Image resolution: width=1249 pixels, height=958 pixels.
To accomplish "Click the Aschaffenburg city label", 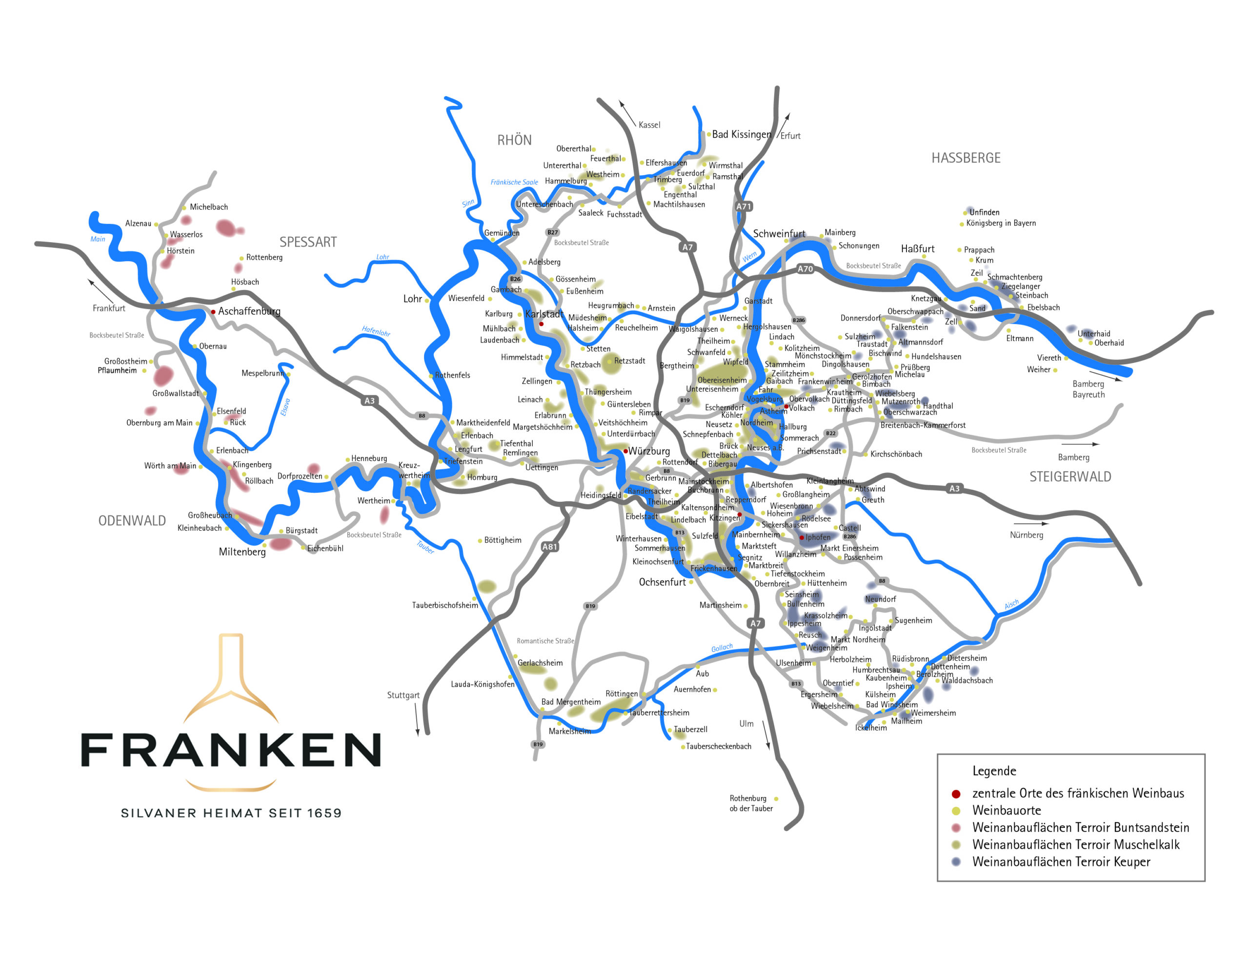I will pos(249,311).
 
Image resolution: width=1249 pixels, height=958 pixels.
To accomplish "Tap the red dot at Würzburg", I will pos(625,451).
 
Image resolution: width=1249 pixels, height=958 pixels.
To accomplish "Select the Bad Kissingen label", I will pos(741,135).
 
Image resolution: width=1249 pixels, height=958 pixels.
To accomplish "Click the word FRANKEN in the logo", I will pos(231,751).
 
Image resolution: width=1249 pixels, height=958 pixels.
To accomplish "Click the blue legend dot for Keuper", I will pos(956,862).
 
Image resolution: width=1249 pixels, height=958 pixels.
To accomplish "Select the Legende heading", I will pos(994,771).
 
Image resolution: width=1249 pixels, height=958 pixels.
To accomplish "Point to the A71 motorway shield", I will pos(744,206).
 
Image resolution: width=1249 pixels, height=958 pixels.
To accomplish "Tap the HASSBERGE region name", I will pos(966,158).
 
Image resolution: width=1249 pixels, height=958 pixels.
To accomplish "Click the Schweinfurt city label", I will pos(779,234).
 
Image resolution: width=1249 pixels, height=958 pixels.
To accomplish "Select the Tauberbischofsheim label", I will pos(444,605).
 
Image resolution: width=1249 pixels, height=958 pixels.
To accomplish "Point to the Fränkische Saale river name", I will pos(514,183).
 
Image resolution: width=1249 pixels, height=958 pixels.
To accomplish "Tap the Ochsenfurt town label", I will pos(662,582).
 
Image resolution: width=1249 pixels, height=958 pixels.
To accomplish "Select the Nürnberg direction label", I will pos(1026,535).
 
